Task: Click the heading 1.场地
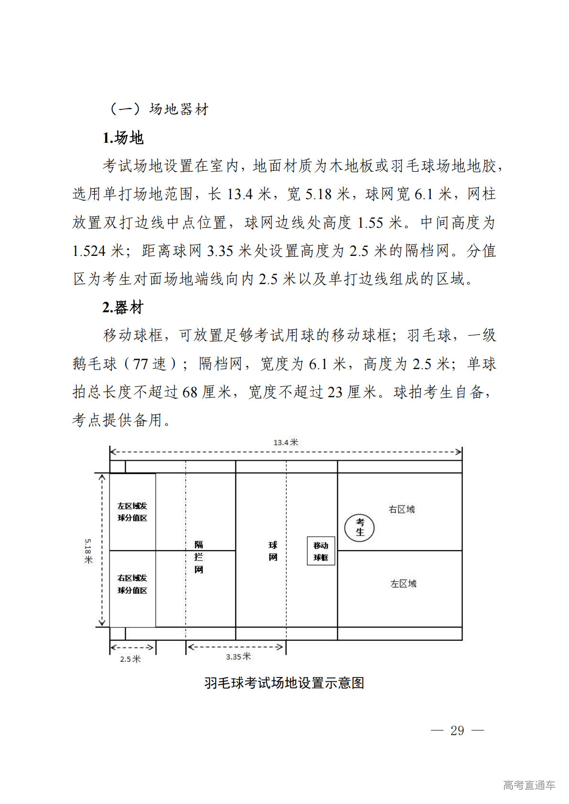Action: coord(123,138)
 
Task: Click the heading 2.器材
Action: coord(123,307)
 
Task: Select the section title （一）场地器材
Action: coord(159,109)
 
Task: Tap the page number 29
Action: coord(457,730)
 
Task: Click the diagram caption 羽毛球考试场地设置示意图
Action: coord(284,683)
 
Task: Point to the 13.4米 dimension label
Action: coord(286,443)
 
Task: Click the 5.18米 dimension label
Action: coord(88,551)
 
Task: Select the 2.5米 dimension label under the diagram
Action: coord(130,659)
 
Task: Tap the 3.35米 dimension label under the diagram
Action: coord(238,657)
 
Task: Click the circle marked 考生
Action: coord(359,528)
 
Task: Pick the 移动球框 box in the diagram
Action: coord(321,551)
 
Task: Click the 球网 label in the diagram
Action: coord(273,551)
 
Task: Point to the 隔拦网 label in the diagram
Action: coord(199,557)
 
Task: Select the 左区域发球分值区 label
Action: coord(132,512)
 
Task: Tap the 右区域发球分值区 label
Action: coord(132,584)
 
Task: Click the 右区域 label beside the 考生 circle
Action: coord(402,509)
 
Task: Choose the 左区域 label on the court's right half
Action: coord(403,583)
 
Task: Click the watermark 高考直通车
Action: coord(529,785)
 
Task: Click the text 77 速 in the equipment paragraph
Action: coord(150,364)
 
